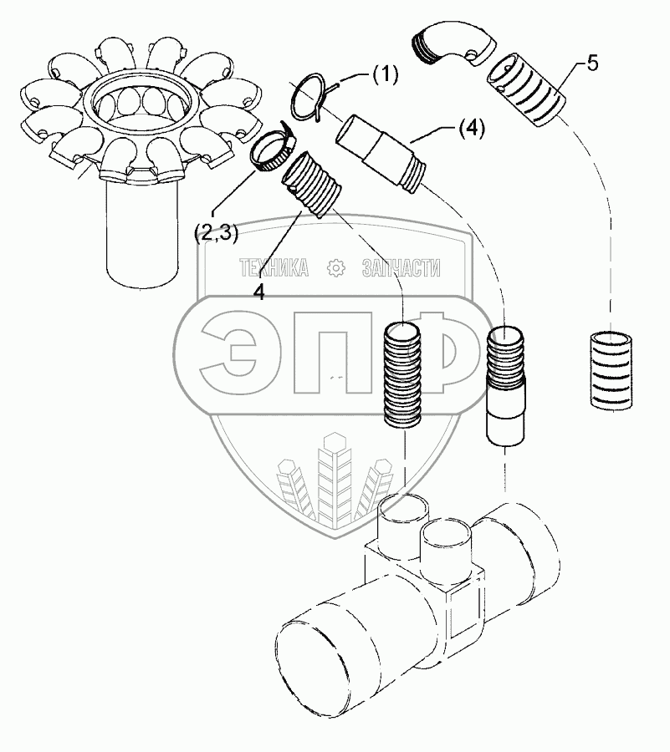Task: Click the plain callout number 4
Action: click(260, 292)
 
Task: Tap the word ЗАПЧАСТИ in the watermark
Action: click(401, 268)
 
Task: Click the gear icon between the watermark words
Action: click(337, 268)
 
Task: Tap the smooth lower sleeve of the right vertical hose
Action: click(506, 417)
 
